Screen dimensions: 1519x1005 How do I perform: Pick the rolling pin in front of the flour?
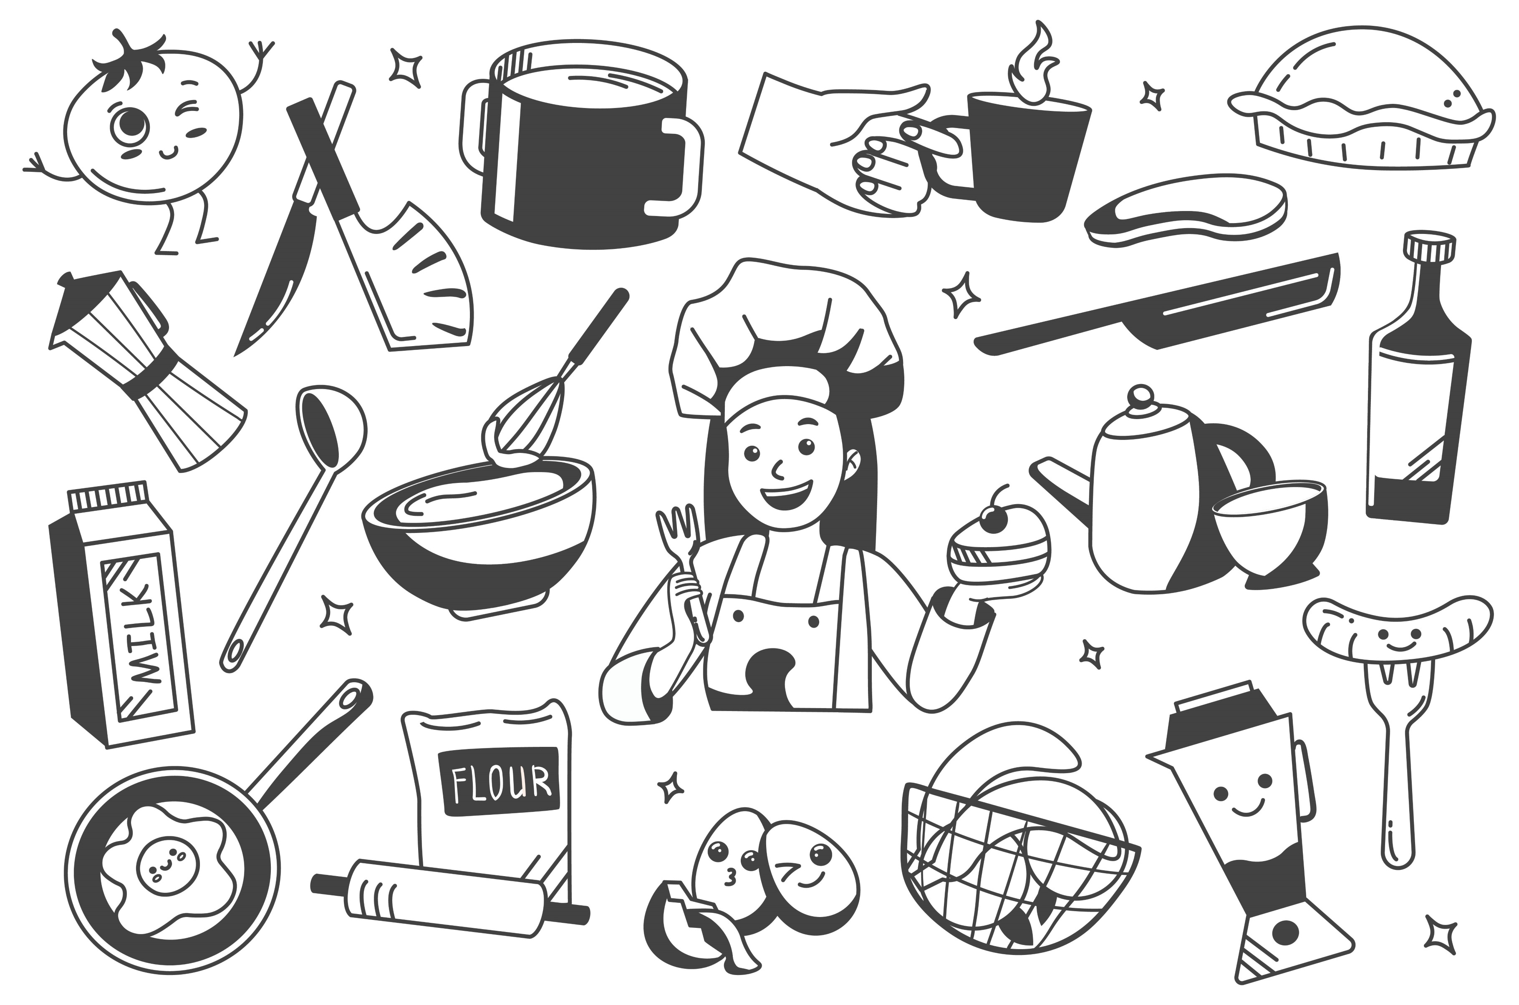pos(449,904)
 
